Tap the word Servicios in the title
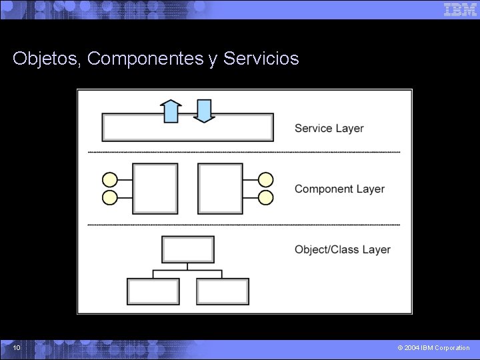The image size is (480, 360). coord(261,59)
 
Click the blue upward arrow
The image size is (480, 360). coord(171,111)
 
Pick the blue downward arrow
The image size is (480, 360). coord(204,111)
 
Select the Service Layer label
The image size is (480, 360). coord(329,128)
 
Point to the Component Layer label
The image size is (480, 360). coord(339,189)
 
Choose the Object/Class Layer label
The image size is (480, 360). coord(342,249)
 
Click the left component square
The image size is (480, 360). coord(155,189)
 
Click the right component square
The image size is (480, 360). coord(220,189)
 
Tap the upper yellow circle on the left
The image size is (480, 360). coord(109,179)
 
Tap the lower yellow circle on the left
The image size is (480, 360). coord(109,197)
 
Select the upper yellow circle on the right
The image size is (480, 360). coord(265,179)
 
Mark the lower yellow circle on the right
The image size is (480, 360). coord(265,197)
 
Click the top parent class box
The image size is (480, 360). coord(188,249)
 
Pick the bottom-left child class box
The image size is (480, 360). coord(153,291)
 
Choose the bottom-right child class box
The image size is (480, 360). coord(223,291)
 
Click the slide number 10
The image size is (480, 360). coord(17,347)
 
